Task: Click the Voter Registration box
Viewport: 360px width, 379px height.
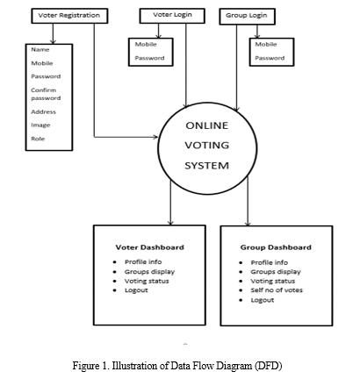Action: [69, 16]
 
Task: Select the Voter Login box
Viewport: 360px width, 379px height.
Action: [172, 16]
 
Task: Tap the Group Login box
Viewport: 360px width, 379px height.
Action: [248, 17]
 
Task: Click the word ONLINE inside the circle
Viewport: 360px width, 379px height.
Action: [207, 125]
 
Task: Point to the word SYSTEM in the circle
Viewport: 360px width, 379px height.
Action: [206, 166]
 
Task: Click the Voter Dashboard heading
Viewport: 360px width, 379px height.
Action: [150, 247]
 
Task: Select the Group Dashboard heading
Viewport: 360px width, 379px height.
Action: [276, 247]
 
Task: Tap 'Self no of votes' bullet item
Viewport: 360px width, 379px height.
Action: [277, 290]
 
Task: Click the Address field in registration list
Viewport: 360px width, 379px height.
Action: [43, 111]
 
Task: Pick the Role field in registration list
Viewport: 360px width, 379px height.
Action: [38, 139]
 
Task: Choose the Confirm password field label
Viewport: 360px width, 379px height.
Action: [46, 94]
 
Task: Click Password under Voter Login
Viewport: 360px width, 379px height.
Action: [149, 58]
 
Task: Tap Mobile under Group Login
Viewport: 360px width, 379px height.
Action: [266, 45]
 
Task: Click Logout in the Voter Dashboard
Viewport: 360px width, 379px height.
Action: [136, 290]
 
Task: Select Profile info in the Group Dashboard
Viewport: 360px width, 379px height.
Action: [270, 262]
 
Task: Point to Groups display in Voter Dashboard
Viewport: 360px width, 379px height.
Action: [149, 272]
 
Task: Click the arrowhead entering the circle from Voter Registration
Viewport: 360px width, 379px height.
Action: [155, 137]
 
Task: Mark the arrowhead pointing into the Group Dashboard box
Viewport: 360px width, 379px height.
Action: [248, 224]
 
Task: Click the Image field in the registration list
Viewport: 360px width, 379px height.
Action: [40, 125]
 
